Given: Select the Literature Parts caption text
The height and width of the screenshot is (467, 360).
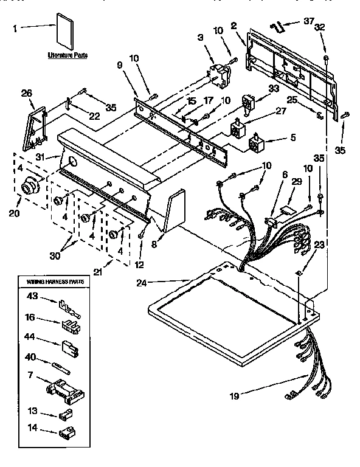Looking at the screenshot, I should click(x=67, y=55).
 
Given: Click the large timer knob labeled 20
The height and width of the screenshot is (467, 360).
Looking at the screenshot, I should click(x=29, y=189).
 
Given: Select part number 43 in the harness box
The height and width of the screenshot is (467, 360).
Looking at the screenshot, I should click(x=31, y=296).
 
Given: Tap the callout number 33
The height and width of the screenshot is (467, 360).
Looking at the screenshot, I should click(x=274, y=89).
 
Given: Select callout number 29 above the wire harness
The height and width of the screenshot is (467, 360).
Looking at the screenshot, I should click(x=296, y=182).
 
